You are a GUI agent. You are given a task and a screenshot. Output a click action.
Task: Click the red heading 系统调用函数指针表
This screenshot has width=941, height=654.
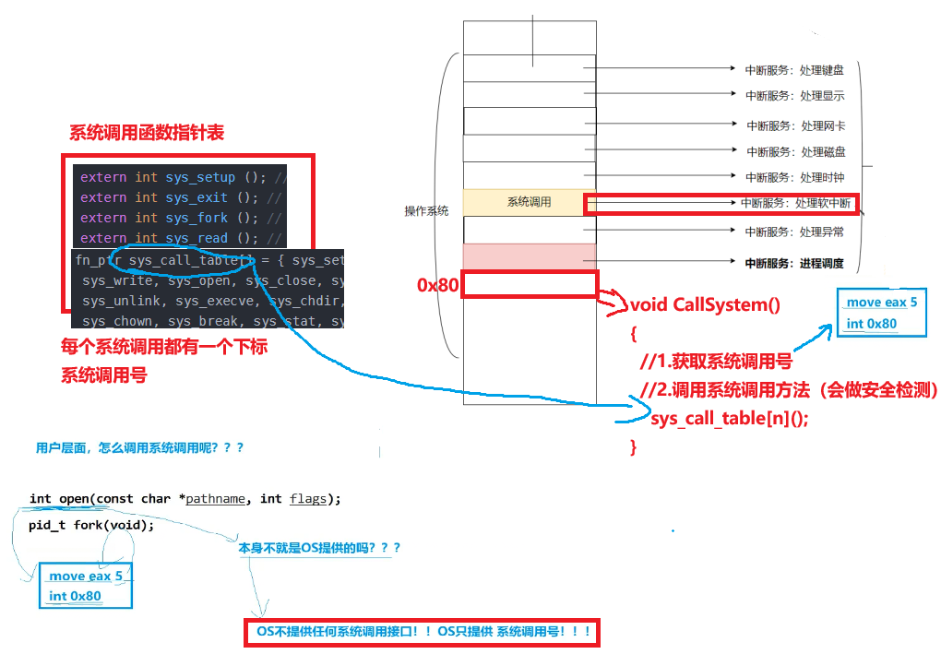(147, 133)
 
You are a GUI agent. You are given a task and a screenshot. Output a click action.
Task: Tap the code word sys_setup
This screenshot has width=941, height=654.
(200, 178)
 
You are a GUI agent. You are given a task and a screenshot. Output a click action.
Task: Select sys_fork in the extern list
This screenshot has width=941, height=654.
(197, 218)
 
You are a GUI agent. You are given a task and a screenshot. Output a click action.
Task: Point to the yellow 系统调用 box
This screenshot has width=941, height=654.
(530, 202)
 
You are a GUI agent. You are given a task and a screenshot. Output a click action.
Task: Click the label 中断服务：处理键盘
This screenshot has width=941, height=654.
(794, 70)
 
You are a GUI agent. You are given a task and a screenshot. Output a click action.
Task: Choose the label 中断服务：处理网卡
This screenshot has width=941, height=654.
(796, 126)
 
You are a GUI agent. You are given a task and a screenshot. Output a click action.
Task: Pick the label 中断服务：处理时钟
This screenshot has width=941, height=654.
(795, 178)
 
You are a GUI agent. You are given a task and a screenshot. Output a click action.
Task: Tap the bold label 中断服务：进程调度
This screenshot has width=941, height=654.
(794, 264)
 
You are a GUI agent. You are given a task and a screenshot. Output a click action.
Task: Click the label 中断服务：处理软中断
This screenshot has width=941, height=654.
(795, 204)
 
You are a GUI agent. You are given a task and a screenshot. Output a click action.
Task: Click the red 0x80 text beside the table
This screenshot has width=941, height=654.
(438, 285)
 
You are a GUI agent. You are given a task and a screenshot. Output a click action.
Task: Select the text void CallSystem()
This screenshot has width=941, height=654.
(705, 304)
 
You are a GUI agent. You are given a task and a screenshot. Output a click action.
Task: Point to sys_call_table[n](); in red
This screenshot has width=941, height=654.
(730, 418)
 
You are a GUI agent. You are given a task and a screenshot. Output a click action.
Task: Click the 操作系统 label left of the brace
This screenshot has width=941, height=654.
(427, 211)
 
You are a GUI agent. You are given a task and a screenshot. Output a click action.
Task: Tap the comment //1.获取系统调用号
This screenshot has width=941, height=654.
(716, 362)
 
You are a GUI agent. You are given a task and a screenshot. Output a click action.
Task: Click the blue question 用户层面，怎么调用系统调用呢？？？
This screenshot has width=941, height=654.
(140, 447)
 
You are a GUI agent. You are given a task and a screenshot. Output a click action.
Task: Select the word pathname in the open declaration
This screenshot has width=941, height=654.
(216, 499)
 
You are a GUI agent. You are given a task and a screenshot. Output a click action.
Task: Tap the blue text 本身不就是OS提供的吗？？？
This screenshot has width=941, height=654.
(319, 548)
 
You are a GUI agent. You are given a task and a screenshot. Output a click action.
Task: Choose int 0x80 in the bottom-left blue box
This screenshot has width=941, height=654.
(75, 596)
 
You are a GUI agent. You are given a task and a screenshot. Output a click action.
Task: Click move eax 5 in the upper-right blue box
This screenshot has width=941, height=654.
(882, 303)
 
